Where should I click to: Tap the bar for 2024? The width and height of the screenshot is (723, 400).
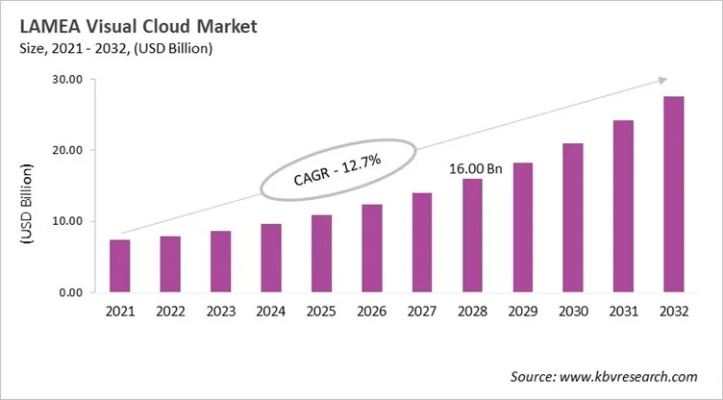pos(271,258)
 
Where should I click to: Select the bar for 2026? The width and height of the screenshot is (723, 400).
pos(372,248)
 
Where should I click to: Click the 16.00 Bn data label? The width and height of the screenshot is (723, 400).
pos(476,169)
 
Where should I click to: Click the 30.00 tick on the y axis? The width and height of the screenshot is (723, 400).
pos(70,80)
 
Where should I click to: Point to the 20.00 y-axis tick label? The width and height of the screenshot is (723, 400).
pos(70,151)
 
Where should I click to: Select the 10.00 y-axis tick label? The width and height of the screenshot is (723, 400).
pos(70,222)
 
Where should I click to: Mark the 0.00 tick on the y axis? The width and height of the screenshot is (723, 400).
pos(74,292)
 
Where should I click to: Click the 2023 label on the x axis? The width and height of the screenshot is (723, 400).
pos(221,312)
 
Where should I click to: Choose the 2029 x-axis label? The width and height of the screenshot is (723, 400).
pos(522,312)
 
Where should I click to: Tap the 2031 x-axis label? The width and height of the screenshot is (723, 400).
pos(623,312)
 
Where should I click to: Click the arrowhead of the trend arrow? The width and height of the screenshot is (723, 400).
pos(662,80)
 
